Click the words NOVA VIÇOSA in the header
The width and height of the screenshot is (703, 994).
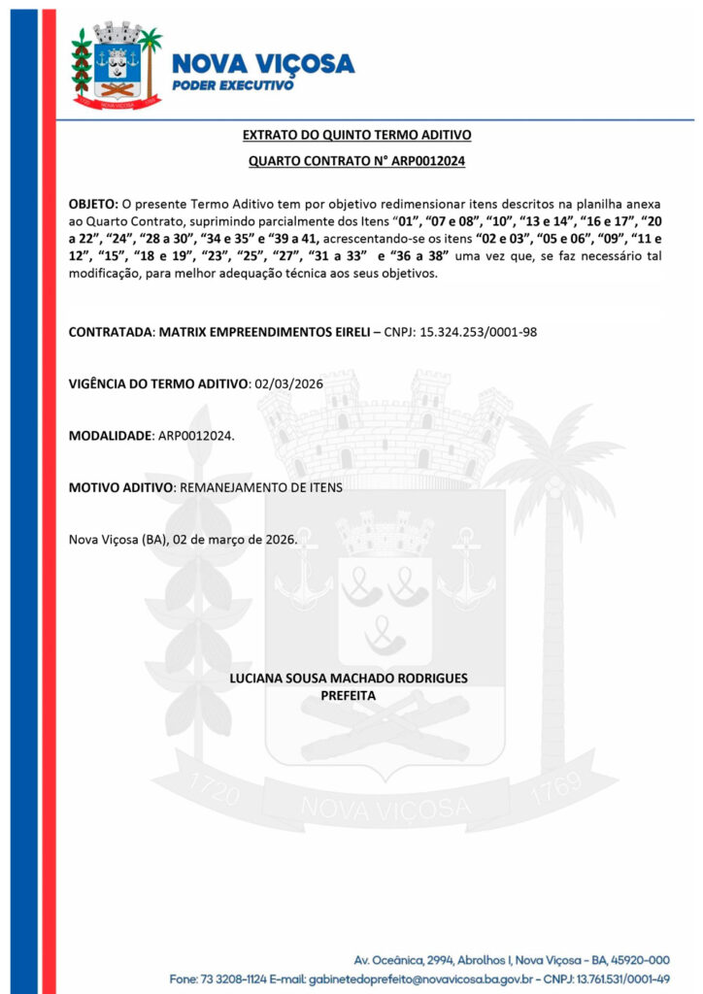click(262, 65)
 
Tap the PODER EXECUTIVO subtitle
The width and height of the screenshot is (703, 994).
click(232, 85)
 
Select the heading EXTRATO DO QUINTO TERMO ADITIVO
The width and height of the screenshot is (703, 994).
click(356, 135)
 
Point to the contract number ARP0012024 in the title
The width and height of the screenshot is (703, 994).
click(424, 161)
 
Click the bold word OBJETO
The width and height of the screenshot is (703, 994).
click(92, 205)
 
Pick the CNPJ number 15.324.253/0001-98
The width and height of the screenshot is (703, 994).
click(478, 332)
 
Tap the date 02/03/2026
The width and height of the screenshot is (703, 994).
click(287, 383)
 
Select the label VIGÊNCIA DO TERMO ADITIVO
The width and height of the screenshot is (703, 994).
click(158, 383)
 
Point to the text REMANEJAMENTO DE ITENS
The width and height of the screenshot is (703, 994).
click(255, 486)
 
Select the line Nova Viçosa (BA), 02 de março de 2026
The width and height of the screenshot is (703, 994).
click(183, 538)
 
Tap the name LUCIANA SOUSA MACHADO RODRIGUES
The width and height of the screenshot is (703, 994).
click(348, 678)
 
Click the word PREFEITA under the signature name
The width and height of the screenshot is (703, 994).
click(348, 695)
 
